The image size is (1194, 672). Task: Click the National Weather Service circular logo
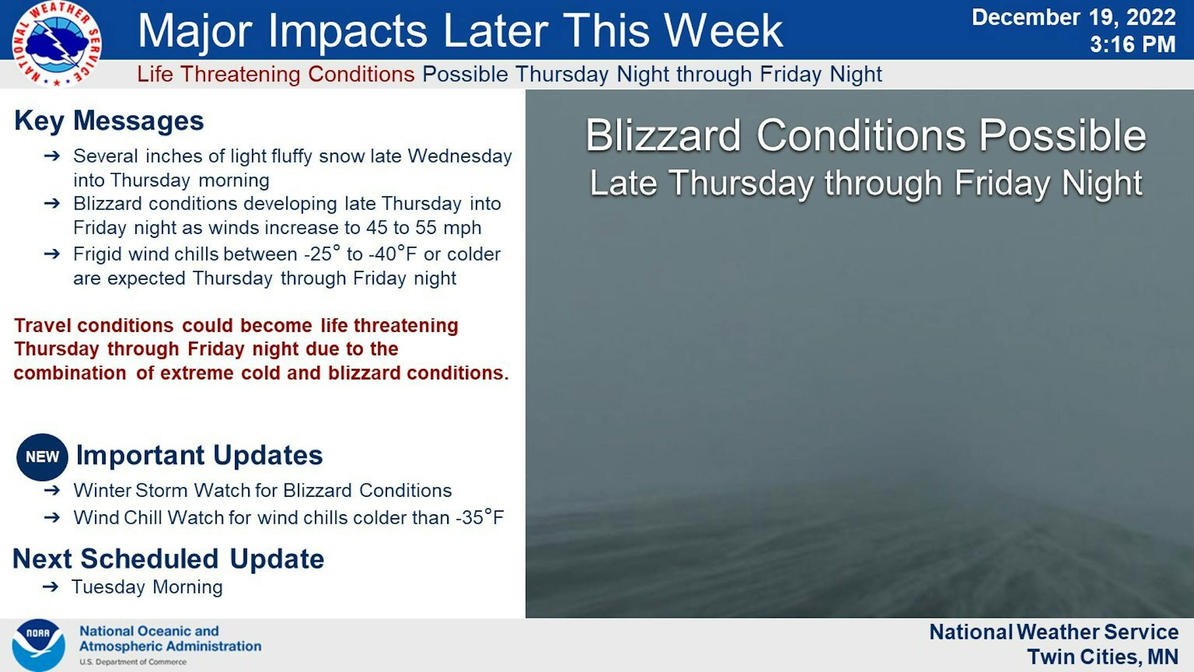point(56,44)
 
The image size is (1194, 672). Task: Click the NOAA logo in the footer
point(38,645)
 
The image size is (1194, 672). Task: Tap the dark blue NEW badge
point(42,457)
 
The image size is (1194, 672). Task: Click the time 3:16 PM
point(1133,44)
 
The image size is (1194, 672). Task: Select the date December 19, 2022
point(1073,17)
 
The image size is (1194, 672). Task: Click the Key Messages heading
point(109,121)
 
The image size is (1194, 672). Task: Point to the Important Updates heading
point(199,455)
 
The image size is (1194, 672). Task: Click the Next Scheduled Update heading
point(168,559)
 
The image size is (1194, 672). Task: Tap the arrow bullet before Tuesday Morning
point(50,587)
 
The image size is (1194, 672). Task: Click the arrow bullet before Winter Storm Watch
point(52,490)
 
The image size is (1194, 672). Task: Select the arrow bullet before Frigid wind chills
point(52,254)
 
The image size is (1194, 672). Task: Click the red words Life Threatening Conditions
point(276,74)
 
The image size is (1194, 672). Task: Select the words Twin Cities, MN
point(1103,657)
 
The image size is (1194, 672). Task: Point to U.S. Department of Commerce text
point(133,662)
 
